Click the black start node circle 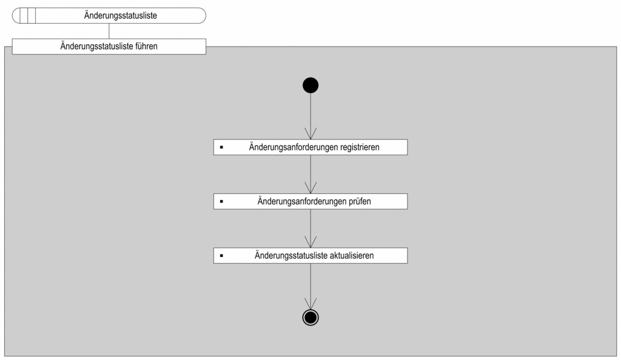[310, 85]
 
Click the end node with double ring [310, 318]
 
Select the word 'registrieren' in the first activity [360, 147]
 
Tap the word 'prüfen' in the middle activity [360, 201]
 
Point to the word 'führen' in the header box [146, 46]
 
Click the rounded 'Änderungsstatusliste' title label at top [109, 15]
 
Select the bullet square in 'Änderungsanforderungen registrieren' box [221, 147]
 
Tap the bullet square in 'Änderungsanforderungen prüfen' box [221, 201]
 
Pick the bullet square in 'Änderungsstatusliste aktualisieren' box [221, 256]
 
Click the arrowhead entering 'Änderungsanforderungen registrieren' [310, 134]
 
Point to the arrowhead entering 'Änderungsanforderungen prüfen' [310, 188]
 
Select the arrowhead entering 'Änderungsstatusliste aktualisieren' [310, 242]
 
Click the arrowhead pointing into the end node [310, 304]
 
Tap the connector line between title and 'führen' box [109, 31]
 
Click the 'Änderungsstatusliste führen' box [109, 46]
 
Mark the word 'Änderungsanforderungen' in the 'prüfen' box [302, 201]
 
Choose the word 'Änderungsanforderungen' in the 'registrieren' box [294, 147]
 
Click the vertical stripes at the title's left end [28, 15]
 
